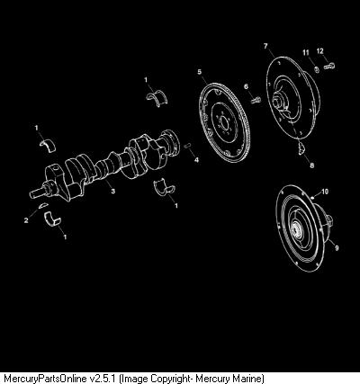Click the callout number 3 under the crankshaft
(x=113, y=191)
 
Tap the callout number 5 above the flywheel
(x=200, y=72)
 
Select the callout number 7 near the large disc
(x=265, y=46)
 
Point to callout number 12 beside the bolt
(x=320, y=51)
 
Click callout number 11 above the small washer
(x=306, y=53)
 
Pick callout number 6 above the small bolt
(x=247, y=86)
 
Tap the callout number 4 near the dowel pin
(x=196, y=160)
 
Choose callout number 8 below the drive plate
(x=312, y=165)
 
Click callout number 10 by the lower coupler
(x=325, y=192)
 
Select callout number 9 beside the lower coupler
(x=337, y=248)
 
